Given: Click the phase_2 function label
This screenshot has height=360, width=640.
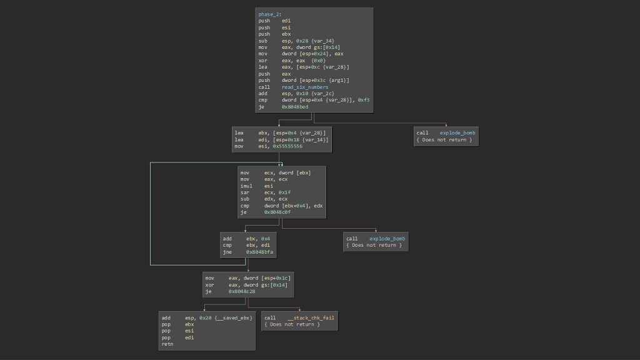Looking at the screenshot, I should point(269,14).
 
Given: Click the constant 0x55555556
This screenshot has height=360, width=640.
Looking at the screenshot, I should point(288,146).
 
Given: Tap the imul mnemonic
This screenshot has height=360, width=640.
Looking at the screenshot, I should point(246,186).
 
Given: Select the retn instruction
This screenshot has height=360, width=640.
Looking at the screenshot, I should point(167,344).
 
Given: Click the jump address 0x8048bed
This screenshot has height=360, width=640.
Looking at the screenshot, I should point(295,106).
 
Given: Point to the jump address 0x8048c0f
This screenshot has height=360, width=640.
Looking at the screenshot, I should point(277,212).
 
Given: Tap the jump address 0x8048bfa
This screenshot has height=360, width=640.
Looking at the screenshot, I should point(259,252).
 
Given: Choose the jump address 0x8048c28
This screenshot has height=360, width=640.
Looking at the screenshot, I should point(241,291).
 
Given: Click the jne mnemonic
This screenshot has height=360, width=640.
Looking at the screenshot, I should point(227,252).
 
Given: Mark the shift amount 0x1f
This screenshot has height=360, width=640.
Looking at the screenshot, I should point(284,192).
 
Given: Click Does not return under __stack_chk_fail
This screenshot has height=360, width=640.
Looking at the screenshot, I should point(292,324).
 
